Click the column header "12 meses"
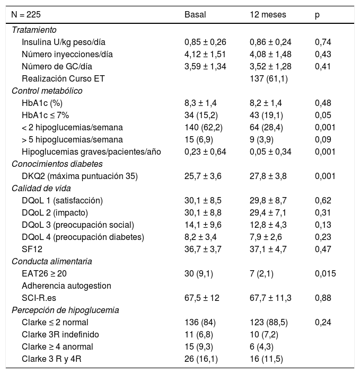click(x=268, y=15)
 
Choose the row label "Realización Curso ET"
click(x=64, y=78)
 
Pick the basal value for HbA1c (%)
click(x=200, y=103)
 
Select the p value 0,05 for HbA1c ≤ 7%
click(x=322, y=115)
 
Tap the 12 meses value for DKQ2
click(x=270, y=175)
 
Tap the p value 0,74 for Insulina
click(x=322, y=42)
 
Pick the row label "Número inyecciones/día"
click(x=67, y=54)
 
